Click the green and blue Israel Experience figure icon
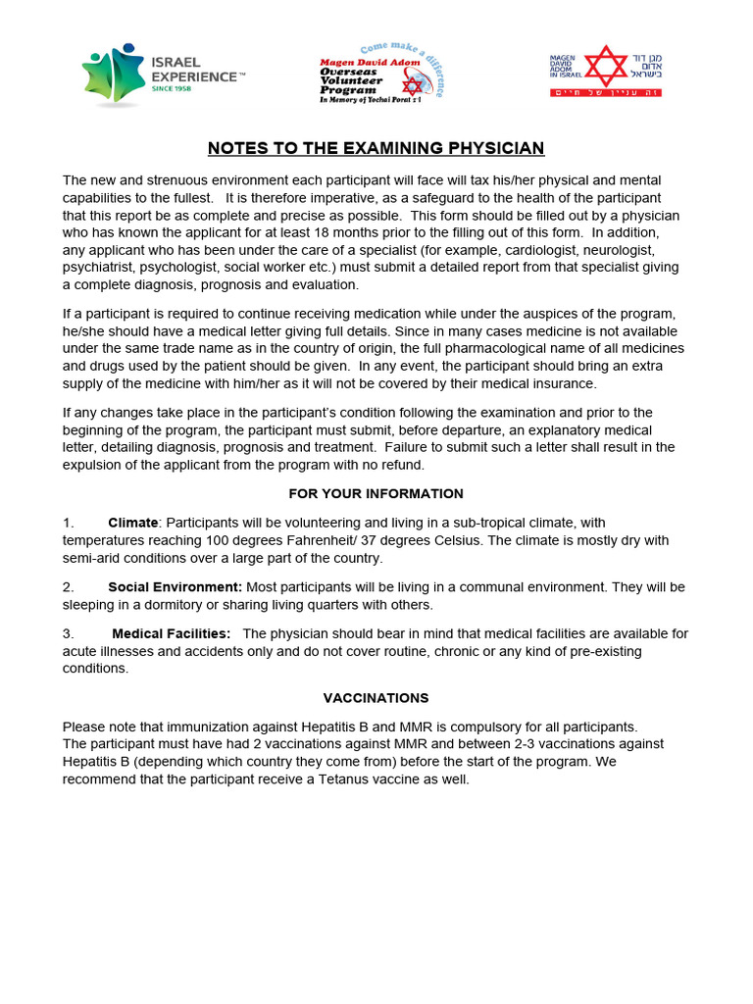(112, 75)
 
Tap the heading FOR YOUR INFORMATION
(376, 493)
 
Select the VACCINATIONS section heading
(376, 698)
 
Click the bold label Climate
(132, 523)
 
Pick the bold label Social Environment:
(175, 586)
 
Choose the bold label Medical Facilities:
(172, 633)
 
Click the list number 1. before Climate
(69, 523)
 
